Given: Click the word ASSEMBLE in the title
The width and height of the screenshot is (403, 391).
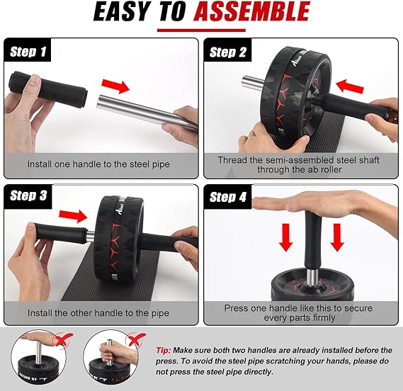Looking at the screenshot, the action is (251, 11).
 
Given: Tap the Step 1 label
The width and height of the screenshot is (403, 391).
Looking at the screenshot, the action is (28, 52).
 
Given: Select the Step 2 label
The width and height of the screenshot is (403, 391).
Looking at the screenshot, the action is (228, 52).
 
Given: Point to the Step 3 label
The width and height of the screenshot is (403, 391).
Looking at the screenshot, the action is (28, 195).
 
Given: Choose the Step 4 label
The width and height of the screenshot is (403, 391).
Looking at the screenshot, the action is (228, 197).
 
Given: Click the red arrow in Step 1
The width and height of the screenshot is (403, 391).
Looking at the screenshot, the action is (115, 86).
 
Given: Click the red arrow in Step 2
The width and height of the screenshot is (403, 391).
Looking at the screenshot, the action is (350, 86).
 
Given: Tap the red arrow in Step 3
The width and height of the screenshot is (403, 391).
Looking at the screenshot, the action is (73, 216).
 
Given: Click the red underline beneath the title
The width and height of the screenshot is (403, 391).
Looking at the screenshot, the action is (201, 30).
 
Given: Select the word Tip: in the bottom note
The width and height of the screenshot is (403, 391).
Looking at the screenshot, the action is (164, 350).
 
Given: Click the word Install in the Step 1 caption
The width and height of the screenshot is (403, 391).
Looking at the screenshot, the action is (40, 164).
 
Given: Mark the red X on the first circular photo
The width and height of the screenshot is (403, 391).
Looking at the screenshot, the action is (64, 339).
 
